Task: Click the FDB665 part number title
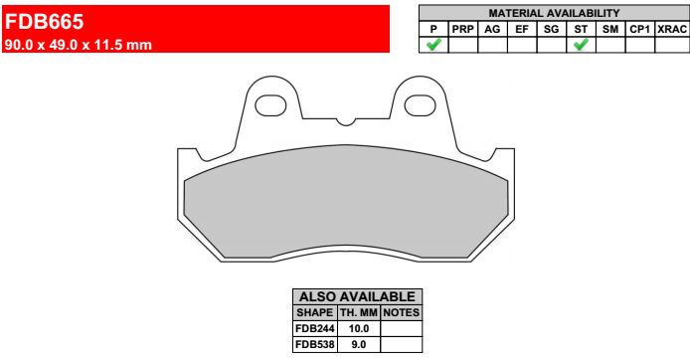(45, 19)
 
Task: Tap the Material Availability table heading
(554, 13)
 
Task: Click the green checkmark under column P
(433, 45)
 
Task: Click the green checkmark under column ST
(581, 45)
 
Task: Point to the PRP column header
(463, 29)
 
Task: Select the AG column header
(492, 29)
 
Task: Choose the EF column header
(521, 29)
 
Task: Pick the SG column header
(551, 29)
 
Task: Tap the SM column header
(610, 29)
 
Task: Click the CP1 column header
(639, 29)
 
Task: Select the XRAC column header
(671, 29)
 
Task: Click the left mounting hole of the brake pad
(271, 104)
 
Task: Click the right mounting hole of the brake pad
(418, 104)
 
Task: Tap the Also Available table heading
(357, 296)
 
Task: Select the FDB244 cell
(315, 328)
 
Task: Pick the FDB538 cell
(315, 344)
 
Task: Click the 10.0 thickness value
(360, 328)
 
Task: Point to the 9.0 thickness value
(360, 344)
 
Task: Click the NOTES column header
(402, 312)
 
